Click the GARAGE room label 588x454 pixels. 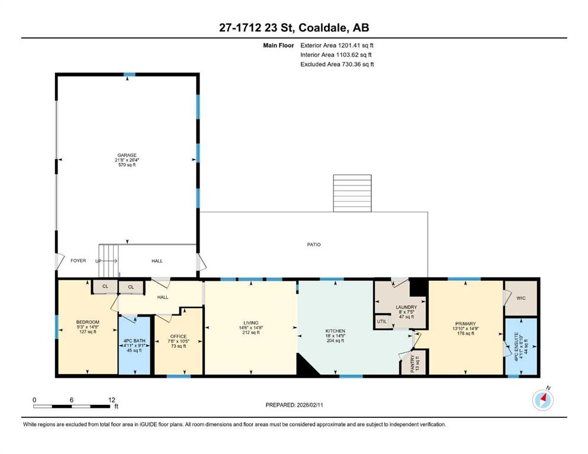[127, 155]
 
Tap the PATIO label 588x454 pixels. [314, 244]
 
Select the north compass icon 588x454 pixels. [542, 400]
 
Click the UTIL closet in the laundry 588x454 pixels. [382, 322]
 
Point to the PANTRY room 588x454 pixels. [415, 362]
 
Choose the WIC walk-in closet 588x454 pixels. [521, 298]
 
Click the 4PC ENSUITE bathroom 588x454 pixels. [521, 346]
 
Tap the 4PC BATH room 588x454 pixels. [134, 345]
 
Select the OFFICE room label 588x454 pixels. [178, 336]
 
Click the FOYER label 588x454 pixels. [78, 261]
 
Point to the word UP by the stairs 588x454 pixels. [98, 261]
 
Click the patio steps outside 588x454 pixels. [352, 193]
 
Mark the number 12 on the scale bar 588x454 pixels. [111, 400]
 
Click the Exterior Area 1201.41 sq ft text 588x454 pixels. [337, 46]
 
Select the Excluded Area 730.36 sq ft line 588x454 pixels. [337, 64]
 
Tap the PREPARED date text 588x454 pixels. [294, 405]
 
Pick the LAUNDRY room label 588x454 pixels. [406, 307]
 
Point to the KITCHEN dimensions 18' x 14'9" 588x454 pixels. [335, 336]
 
